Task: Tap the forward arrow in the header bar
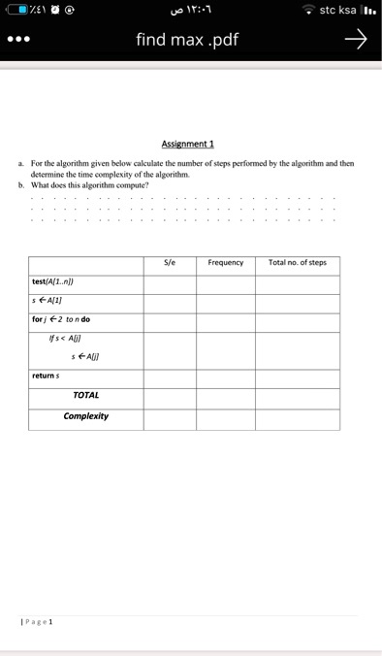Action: (356, 40)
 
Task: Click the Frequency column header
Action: (225, 263)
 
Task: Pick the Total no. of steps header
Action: (297, 263)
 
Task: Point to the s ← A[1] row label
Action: (48, 301)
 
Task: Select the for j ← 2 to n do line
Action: (61, 319)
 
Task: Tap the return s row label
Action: (44, 375)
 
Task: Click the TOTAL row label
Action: (85, 395)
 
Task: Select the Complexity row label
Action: (85, 416)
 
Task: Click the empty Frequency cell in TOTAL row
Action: (226, 397)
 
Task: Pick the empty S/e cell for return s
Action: (170, 376)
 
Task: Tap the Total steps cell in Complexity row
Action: (297, 418)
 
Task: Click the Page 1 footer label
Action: (38, 620)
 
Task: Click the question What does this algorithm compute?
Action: (89, 184)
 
